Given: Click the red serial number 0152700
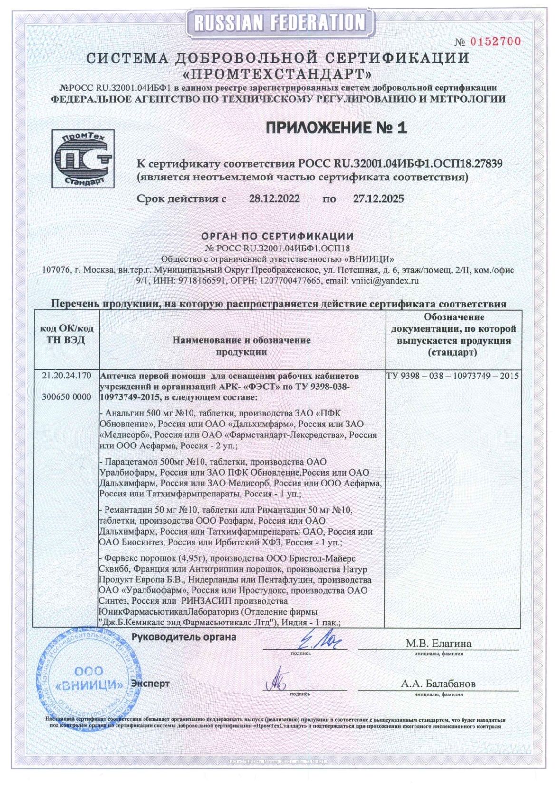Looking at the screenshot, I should point(495,41).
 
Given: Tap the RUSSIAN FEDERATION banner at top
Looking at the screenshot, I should point(280,22).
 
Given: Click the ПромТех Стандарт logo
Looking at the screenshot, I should point(83,159).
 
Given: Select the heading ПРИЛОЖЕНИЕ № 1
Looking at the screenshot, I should point(336,128).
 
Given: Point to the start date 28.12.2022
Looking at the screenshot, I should point(274,198).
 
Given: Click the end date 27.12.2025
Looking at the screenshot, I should point(378,198).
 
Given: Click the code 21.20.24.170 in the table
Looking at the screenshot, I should point(66,376).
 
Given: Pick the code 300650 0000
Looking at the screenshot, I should point(66,397).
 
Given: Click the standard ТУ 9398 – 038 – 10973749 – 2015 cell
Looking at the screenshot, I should point(452,376).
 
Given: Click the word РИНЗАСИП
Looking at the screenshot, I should point(208,601).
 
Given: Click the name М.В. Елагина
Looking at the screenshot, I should point(438,644).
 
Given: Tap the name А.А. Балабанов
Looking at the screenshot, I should point(438,684).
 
